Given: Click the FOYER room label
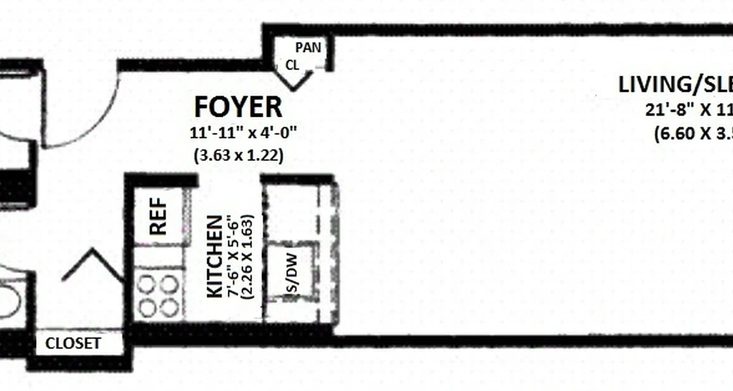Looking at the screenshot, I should (x=238, y=107).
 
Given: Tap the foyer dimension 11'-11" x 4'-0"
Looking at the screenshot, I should (x=243, y=133).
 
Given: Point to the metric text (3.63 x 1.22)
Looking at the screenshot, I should (x=238, y=156).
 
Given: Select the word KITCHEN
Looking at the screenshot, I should (x=216, y=256).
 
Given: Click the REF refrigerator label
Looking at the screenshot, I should (x=158, y=216).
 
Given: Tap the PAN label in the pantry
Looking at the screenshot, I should (x=308, y=47).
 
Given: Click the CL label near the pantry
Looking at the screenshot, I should (x=292, y=65).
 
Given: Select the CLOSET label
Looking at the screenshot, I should (x=73, y=344).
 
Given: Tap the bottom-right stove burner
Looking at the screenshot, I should (x=169, y=308).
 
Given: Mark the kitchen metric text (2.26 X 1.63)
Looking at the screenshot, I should (x=248, y=257).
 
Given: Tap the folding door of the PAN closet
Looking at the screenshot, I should (x=294, y=81).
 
